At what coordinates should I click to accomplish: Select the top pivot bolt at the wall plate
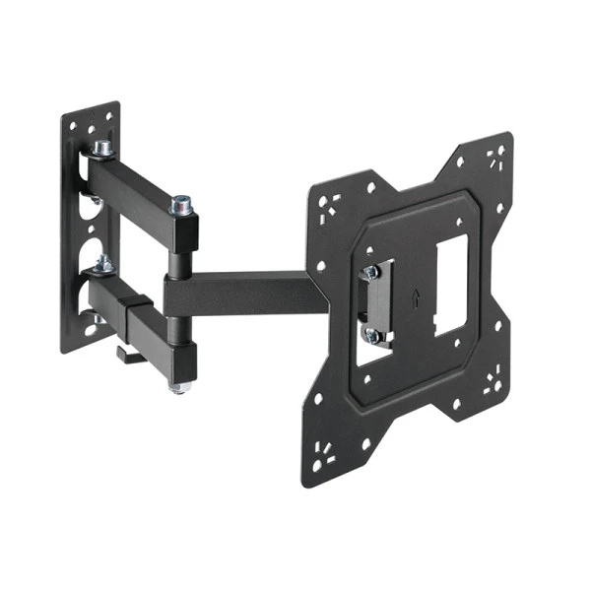point(102,149)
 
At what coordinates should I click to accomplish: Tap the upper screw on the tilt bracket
point(371,273)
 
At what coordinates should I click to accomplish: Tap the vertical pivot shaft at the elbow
point(179,266)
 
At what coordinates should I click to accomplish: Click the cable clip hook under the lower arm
point(125,352)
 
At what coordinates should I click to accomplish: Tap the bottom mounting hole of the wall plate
point(91,330)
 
